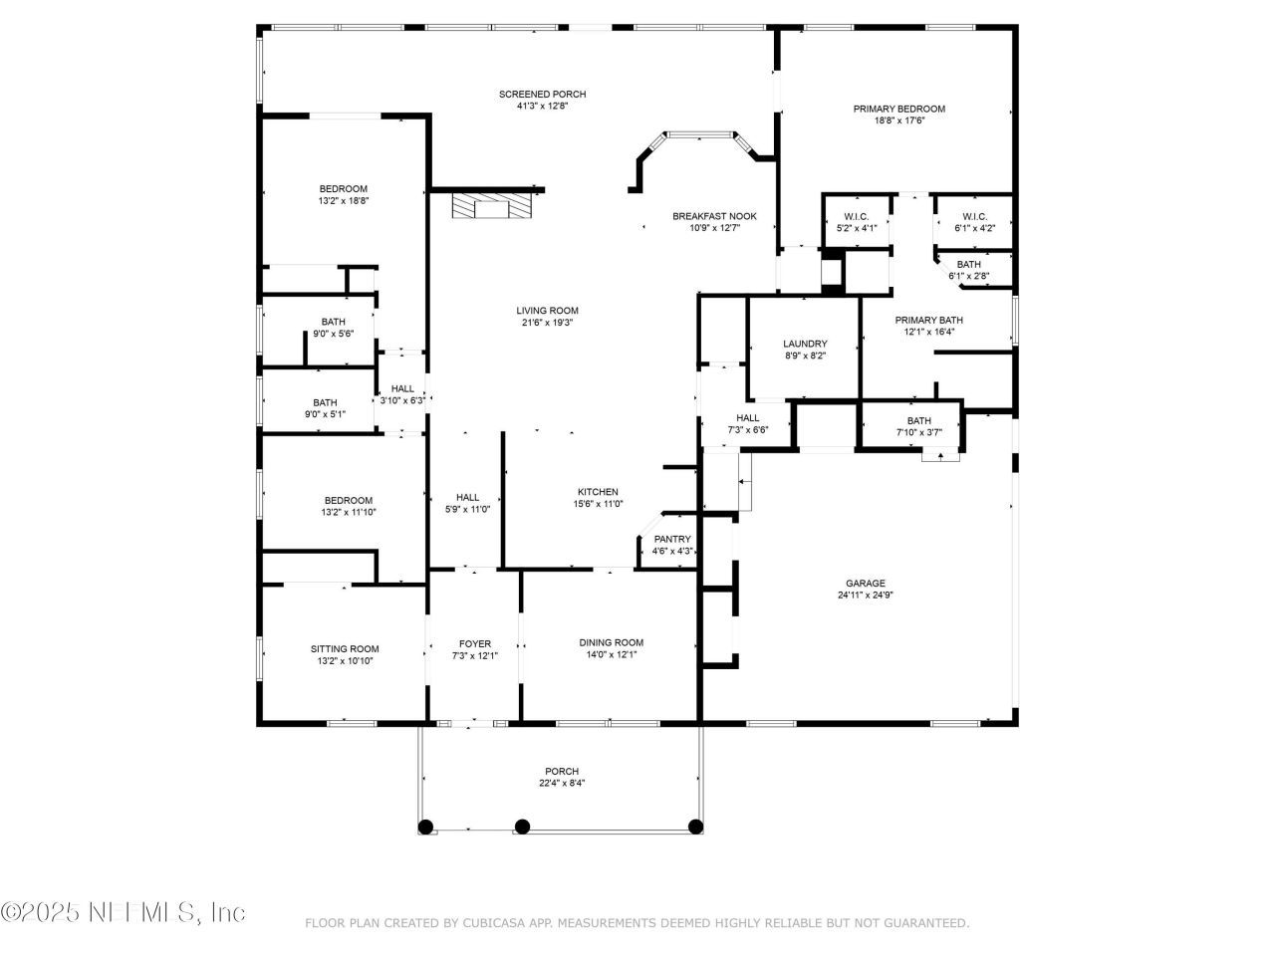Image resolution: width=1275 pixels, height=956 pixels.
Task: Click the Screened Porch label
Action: coord(542,95)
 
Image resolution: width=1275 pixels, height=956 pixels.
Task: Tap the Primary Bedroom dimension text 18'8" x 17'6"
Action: coord(898,120)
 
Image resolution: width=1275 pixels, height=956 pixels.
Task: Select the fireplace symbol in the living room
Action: coord(492,206)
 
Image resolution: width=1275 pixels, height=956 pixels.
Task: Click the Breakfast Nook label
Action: coord(714,216)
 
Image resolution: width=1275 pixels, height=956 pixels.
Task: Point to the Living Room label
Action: coord(547,311)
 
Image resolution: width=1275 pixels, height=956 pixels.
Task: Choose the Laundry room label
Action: coord(805,344)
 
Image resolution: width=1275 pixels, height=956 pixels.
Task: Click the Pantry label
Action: coord(672,539)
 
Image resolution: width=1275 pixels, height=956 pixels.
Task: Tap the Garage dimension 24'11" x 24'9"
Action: coord(865,596)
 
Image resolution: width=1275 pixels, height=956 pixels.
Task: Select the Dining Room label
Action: coord(611,642)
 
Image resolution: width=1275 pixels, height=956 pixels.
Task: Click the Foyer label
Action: coord(474,643)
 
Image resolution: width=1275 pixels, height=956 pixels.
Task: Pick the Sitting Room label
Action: coord(344,649)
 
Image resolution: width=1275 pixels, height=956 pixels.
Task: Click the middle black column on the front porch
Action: coord(522,826)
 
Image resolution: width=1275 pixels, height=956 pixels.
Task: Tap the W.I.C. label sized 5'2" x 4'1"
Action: coord(856,217)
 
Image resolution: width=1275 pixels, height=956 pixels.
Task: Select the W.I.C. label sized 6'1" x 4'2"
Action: coord(974,217)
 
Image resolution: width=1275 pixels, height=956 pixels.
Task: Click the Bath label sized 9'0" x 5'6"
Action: coord(333,322)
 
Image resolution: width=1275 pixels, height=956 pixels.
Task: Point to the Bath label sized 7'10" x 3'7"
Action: coord(918,420)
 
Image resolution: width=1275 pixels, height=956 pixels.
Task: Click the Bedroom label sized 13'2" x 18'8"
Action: coord(343,189)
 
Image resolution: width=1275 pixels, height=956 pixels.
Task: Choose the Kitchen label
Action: coord(598,492)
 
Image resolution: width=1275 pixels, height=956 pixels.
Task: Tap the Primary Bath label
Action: coord(928,320)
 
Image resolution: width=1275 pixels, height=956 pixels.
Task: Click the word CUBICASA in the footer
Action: coord(495,923)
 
